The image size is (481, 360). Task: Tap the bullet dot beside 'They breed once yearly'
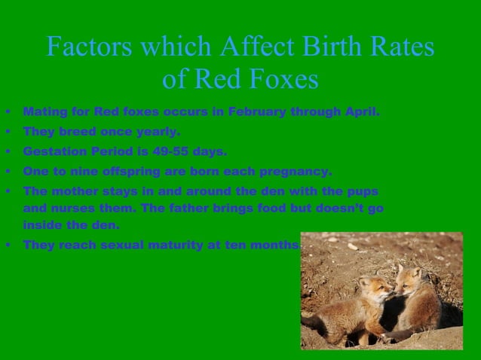click(x=8, y=132)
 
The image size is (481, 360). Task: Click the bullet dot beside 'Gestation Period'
click(x=8, y=151)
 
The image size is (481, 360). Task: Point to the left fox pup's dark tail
click(x=312, y=322)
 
